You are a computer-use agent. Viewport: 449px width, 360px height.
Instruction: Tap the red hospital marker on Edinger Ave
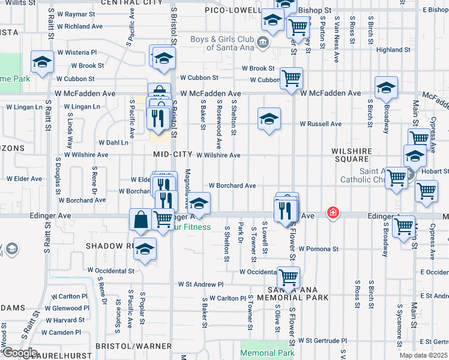pyautogui.click(x=332, y=213)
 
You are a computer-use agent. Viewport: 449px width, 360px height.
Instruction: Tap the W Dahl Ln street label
pyautogui.click(x=113, y=143)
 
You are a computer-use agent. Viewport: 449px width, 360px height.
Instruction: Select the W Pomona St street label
pyautogui.click(x=318, y=248)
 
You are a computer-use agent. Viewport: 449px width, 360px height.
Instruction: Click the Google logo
pyautogui.click(x=19, y=353)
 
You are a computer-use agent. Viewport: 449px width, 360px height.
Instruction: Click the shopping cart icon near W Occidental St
pyautogui.click(x=289, y=277)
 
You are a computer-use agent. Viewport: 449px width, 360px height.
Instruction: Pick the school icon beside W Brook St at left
pyautogui.click(x=43, y=62)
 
